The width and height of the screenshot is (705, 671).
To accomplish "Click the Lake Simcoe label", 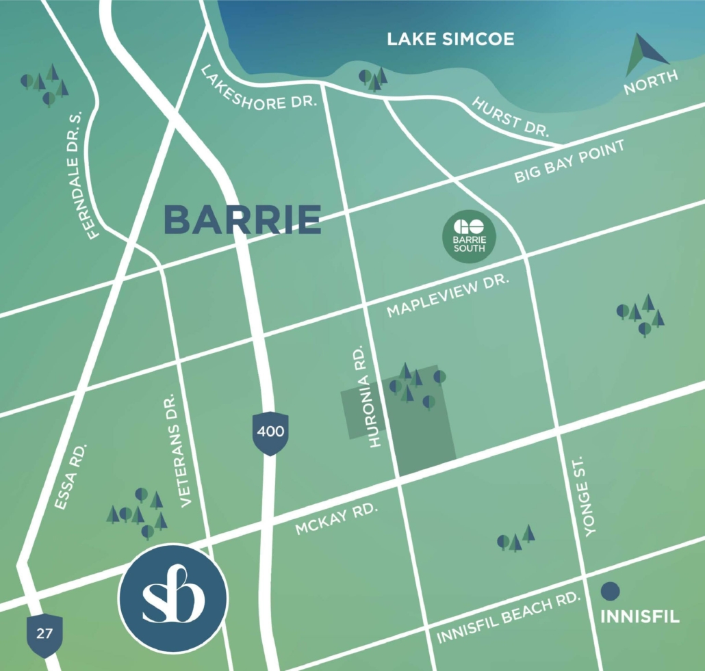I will pyautogui.click(x=450, y=39).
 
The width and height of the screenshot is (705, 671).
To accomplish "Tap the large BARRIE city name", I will pyautogui.click(x=242, y=219).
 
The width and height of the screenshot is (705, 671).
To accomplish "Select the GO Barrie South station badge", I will pyautogui.click(x=469, y=236).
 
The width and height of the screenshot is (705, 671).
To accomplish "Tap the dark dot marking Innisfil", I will pyautogui.click(x=610, y=590).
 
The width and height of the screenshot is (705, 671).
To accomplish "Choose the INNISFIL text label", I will pyautogui.click(x=639, y=617).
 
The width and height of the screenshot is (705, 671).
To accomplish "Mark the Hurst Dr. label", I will pyautogui.click(x=511, y=118).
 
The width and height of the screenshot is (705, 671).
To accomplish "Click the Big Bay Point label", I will pyautogui.click(x=569, y=162).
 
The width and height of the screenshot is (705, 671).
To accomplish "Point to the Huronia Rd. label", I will pyautogui.click(x=374, y=397).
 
